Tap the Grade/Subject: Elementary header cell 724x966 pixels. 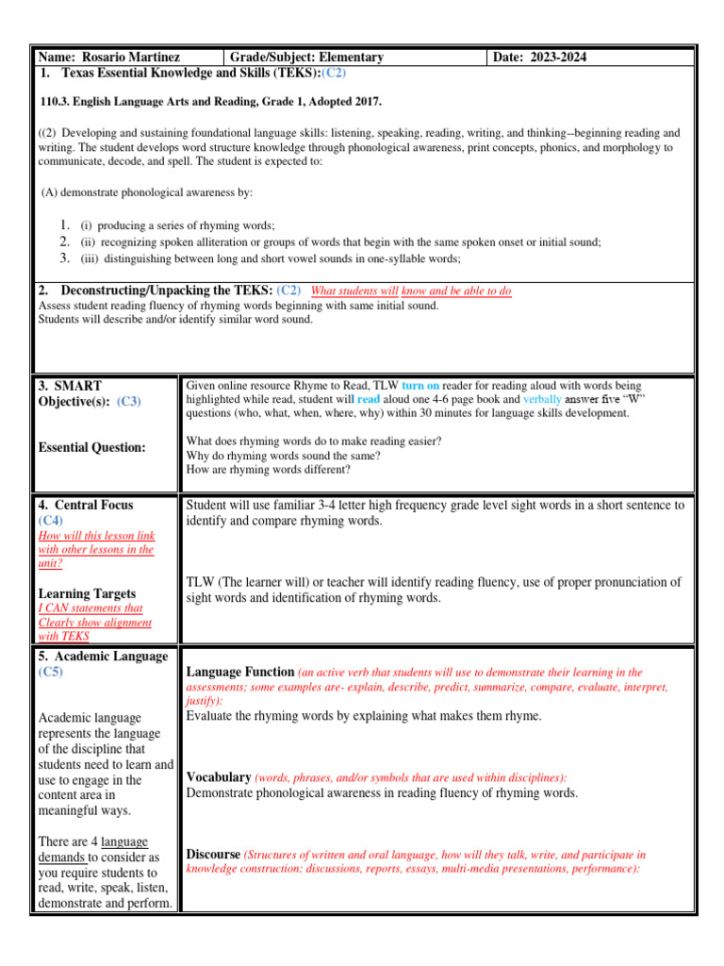point(308,58)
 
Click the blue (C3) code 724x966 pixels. point(129,401)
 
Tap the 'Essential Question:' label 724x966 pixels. point(92,447)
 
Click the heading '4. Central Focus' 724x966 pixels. point(86,505)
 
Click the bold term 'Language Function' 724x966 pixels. point(240,673)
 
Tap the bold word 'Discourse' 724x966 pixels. point(213,855)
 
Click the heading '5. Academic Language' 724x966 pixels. point(103,656)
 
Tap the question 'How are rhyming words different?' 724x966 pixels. point(269,469)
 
